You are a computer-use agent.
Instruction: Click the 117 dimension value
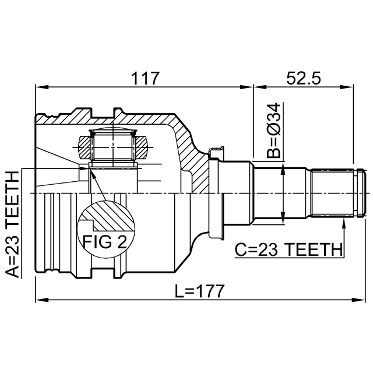145,78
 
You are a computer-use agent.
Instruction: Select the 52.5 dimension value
303,78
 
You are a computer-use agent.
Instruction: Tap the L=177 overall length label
199,291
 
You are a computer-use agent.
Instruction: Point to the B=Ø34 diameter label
274,131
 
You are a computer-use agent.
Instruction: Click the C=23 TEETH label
288,249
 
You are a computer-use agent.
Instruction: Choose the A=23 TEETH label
12,224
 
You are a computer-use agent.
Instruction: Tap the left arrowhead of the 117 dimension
41,87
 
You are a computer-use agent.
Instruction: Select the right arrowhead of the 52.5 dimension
347,87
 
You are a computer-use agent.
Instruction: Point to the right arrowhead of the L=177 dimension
358,300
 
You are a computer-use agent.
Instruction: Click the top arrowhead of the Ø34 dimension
283,167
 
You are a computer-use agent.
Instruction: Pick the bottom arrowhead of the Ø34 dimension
283,218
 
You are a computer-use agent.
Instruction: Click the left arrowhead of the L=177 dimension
41,300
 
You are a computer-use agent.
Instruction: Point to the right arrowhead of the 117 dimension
247,87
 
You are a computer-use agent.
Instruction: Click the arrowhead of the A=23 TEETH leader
84,168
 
